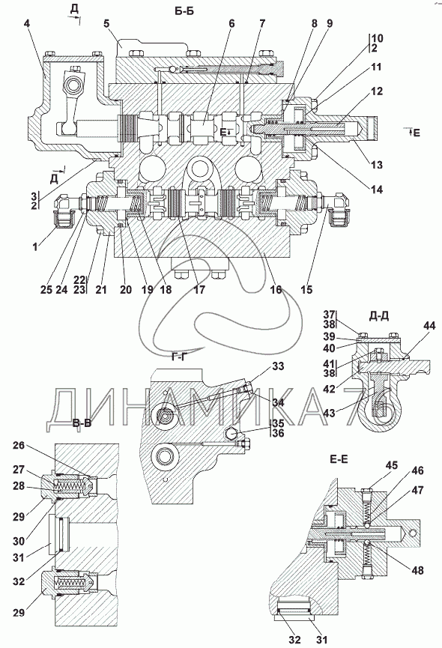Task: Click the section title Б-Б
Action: click(x=184, y=11)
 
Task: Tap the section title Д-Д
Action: click(x=378, y=316)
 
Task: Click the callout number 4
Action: click(x=27, y=23)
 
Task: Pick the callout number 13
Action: click(x=376, y=165)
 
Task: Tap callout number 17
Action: click(x=199, y=289)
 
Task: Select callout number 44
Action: click(x=429, y=326)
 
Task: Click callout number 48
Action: click(x=417, y=570)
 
